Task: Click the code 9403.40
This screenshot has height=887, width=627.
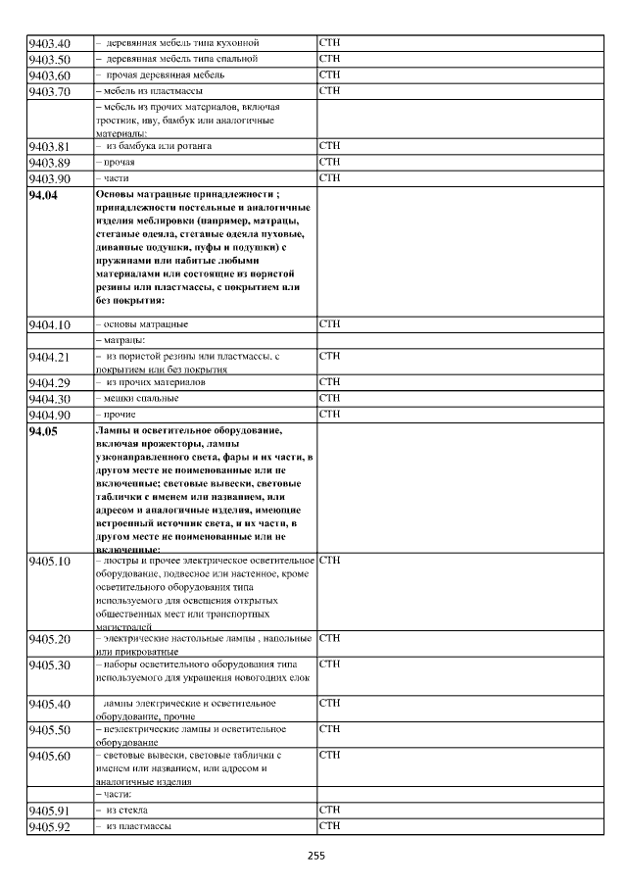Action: [x=50, y=44]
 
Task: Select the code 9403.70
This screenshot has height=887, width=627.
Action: [x=50, y=92]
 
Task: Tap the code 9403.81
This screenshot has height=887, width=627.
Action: [x=50, y=147]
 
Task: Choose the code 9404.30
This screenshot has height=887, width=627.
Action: [x=50, y=400]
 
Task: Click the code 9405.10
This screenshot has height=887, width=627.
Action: [x=50, y=562]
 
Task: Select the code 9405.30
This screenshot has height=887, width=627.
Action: [x=50, y=665]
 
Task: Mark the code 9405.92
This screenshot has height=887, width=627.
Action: [x=50, y=828]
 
